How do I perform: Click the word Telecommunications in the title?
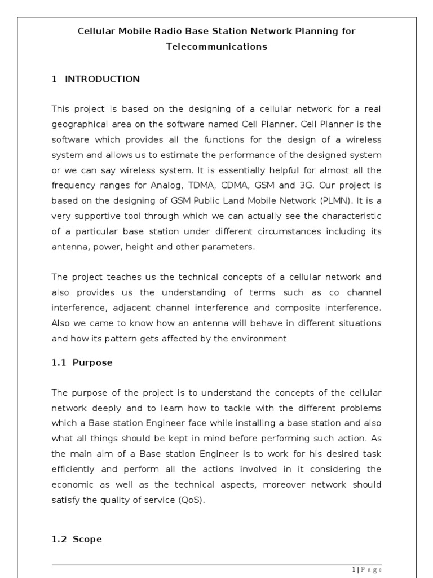216,47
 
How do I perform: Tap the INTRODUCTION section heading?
102,79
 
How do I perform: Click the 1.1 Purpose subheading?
82,362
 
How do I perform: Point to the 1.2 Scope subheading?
77,539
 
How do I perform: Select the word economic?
72,484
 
